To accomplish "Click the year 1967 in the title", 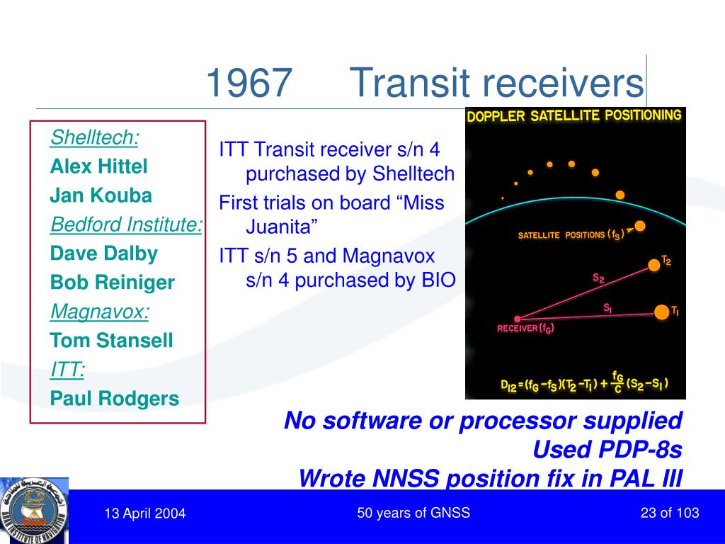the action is tap(249, 82).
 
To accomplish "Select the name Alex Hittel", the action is tap(98, 166).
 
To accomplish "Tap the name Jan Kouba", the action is tap(101, 195).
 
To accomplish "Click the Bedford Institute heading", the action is tap(126, 225).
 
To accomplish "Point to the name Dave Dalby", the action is tap(103, 254).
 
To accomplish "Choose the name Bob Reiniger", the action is tap(113, 283).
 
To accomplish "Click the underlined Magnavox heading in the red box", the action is tap(99, 312).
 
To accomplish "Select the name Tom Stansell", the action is tap(111, 341).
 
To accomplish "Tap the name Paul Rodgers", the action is tap(114, 399).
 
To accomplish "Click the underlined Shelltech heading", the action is tap(94, 137).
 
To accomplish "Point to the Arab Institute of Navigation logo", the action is tap(34, 511).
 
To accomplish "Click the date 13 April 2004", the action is tap(145, 514).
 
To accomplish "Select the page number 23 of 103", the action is tap(670, 513).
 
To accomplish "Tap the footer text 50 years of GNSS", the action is tap(413, 513).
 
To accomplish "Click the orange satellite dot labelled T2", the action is tap(653, 265).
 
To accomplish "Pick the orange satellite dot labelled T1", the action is tap(662, 312).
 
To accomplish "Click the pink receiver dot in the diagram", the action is tap(518, 319).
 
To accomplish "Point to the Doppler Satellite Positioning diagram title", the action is tap(574, 115).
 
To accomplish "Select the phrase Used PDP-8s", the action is tap(607, 450).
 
